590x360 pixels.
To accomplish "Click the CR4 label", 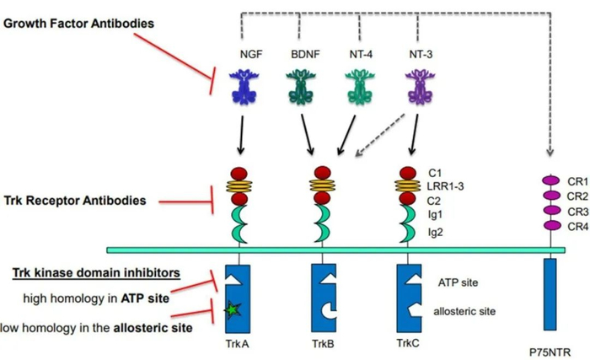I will pyautogui.click(x=576, y=226).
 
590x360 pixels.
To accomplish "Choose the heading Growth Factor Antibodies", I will pyautogui.click(x=78, y=23).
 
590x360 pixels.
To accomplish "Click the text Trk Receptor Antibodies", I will pyautogui.click(x=77, y=201).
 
